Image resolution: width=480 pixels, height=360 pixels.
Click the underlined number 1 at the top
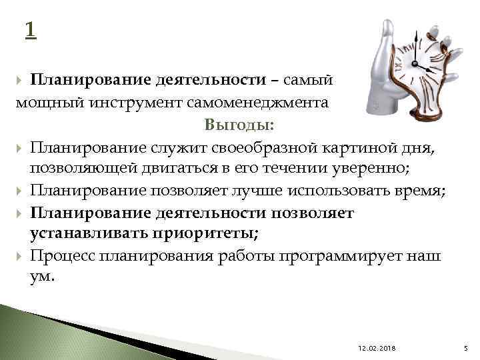point(30,29)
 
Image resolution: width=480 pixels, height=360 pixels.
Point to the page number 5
point(466,349)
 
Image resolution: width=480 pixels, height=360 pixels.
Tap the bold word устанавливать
point(81,234)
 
